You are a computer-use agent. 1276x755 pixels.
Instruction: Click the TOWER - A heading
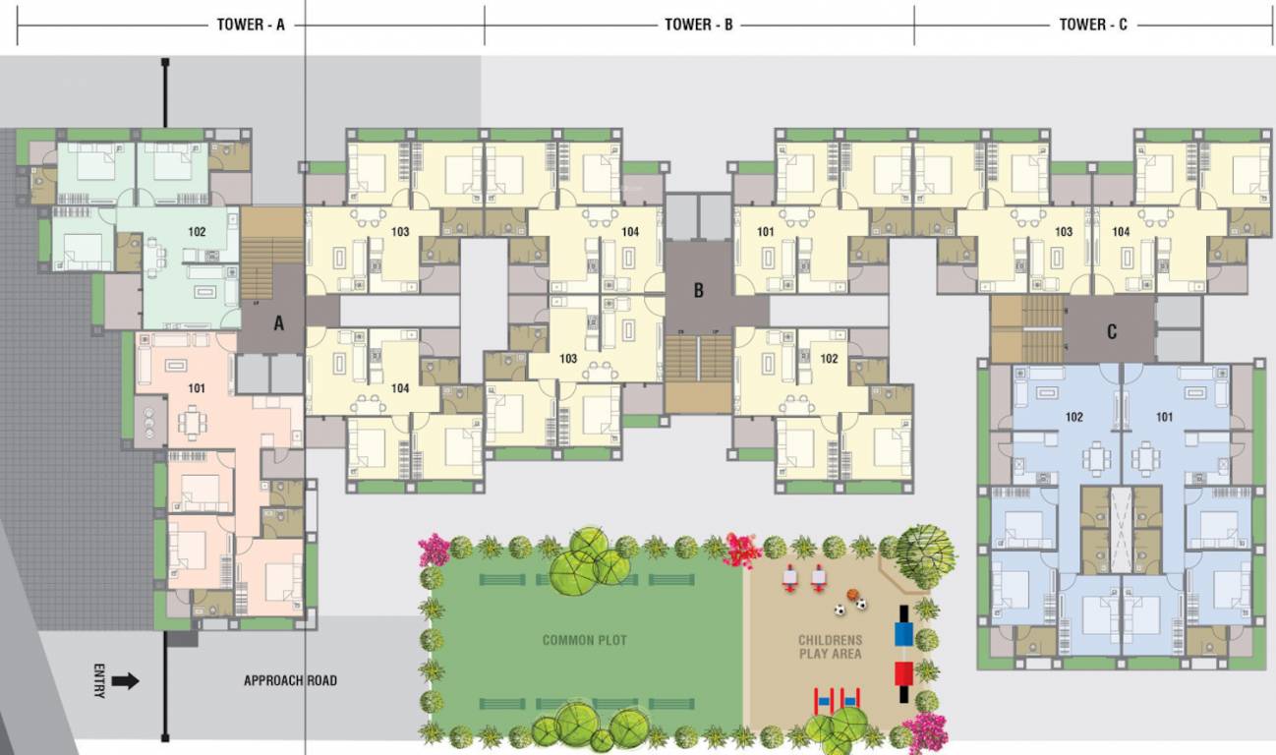[251, 25]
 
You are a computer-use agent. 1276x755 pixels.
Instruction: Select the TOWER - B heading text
[699, 25]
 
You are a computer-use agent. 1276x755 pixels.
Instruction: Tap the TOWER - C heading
[1093, 25]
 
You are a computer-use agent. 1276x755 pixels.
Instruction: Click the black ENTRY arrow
[125, 680]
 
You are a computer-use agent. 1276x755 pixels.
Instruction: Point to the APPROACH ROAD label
[290, 680]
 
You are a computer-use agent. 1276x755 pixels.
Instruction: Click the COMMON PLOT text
[584, 640]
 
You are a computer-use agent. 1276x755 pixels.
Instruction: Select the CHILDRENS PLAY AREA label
[829, 647]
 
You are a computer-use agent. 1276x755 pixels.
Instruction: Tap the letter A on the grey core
[278, 320]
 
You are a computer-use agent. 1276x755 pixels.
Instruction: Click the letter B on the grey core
[699, 290]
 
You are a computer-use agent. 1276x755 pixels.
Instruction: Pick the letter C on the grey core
[1112, 332]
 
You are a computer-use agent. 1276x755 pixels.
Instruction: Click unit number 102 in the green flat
[197, 233]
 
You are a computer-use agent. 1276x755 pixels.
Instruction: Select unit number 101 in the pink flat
[197, 388]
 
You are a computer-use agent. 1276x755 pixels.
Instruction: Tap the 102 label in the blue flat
[1073, 417]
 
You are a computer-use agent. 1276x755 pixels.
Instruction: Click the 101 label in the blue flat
[1164, 417]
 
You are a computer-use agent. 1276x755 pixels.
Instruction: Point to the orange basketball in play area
[853, 595]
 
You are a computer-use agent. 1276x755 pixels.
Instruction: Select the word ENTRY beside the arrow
[98, 680]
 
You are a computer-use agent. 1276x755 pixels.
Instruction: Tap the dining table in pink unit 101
[192, 424]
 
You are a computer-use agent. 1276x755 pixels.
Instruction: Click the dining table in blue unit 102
[1096, 458]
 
